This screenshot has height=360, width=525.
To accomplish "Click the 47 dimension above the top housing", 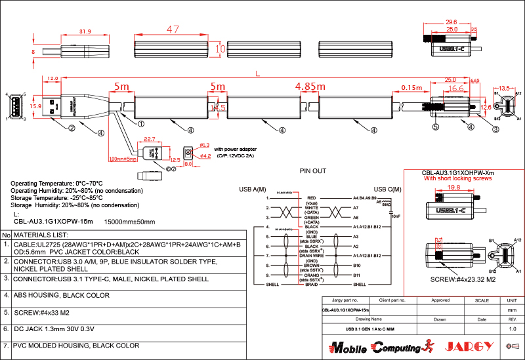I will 173,30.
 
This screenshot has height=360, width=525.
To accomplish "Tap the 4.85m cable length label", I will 310,87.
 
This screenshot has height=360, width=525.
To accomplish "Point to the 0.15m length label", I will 411,87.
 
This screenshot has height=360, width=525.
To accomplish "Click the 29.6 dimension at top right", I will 451,22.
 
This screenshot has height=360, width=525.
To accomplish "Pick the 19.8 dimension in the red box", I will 451,187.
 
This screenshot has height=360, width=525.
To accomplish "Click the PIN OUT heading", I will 312,170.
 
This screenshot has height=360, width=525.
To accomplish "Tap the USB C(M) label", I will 388,189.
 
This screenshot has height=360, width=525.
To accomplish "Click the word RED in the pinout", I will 312,197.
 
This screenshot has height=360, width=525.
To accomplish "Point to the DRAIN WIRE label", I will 312,255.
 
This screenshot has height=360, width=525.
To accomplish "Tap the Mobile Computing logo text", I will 375,347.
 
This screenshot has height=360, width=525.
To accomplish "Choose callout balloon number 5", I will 434,129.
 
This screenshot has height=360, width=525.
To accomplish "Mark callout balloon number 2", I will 70,129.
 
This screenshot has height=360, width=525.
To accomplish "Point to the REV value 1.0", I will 513,329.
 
